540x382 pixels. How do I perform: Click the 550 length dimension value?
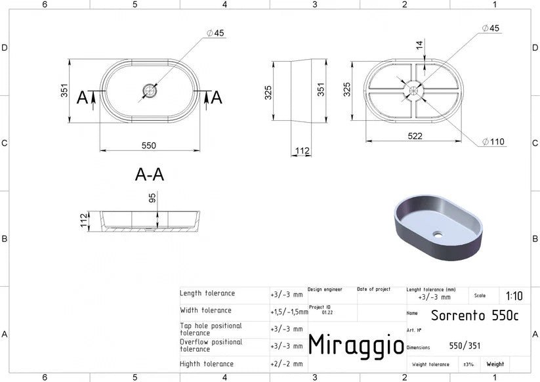(x=149, y=145)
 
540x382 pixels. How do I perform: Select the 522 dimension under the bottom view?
(x=415, y=136)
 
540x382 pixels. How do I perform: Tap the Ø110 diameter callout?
(x=493, y=142)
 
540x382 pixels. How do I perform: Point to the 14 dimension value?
(x=419, y=45)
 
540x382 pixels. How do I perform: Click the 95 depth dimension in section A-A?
(x=152, y=198)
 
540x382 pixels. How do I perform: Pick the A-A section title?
(x=150, y=175)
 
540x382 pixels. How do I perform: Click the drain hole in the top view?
(x=150, y=91)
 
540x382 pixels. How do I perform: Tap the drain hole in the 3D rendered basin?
(x=438, y=235)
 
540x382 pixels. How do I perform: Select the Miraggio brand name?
(x=356, y=345)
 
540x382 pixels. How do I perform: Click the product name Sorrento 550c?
(x=474, y=315)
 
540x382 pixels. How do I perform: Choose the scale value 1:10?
(x=514, y=296)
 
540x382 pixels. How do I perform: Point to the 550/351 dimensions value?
(x=465, y=345)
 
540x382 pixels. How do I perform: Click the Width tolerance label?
(x=205, y=310)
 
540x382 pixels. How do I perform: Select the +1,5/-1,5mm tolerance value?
(x=289, y=312)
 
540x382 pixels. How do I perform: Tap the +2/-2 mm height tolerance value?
(x=287, y=364)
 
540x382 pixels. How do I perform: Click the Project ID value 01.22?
(x=327, y=312)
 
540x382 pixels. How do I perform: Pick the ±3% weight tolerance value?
(x=468, y=364)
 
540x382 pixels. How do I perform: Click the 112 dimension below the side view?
(x=302, y=150)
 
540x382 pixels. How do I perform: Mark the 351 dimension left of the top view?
(x=64, y=90)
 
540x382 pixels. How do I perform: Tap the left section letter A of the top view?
(x=82, y=98)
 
